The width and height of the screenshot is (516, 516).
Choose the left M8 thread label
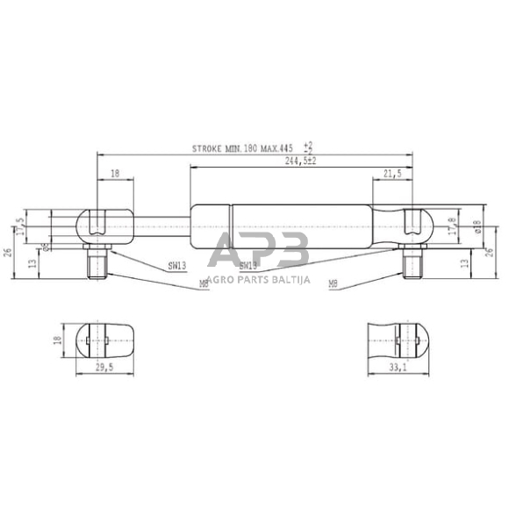click(204, 283)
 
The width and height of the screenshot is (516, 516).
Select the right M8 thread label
click(333, 283)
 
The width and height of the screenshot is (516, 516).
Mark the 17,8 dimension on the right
click(452, 226)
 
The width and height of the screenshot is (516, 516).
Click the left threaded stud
click(97, 262)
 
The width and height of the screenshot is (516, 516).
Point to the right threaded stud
click(412, 262)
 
